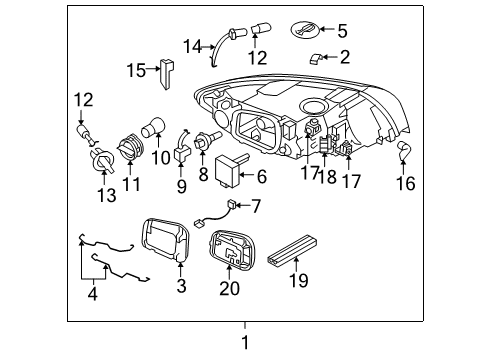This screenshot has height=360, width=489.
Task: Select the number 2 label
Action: (345, 57)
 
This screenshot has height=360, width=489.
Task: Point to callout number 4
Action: (94, 294)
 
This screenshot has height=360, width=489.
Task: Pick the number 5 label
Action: (342, 30)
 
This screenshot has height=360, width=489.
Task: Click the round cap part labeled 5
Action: (304, 29)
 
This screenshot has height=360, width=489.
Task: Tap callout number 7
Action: (256, 207)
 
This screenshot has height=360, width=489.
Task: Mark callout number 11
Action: (132, 186)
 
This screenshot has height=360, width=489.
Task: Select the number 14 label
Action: (191, 44)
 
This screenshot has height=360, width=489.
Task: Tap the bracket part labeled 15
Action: (167, 71)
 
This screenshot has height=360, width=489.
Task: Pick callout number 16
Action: (406, 184)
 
